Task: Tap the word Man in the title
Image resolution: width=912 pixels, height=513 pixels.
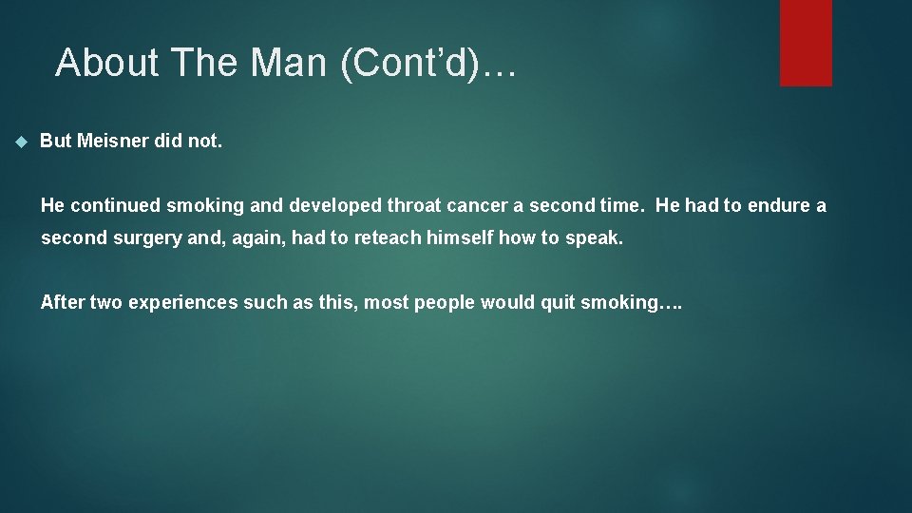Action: (x=281, y=63)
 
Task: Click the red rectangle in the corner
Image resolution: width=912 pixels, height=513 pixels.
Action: (x=806, y=43)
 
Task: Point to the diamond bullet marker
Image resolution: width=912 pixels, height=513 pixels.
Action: (x=22, y=142)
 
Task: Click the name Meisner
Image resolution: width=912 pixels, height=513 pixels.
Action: (x=120, y=141)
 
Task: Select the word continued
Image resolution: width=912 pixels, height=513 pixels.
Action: (x=115, y=205)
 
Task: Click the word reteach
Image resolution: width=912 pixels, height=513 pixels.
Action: (x=389, y=237)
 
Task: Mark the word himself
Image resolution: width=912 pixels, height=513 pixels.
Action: (x=460, y=237)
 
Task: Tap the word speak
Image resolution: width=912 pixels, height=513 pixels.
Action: (x=595, y=237)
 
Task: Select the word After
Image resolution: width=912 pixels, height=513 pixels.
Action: (x=63, y=303)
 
